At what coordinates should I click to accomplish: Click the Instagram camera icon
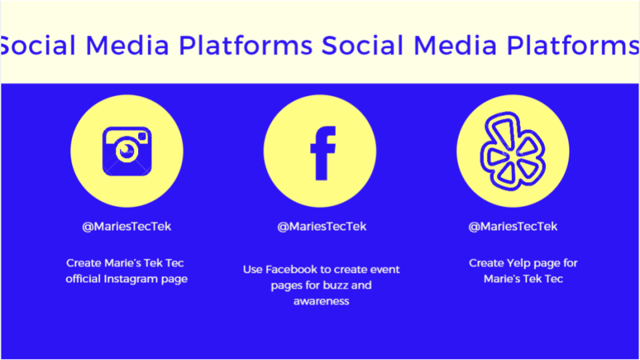(x=127, y=151)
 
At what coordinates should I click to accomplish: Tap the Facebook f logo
(x=323, y=153)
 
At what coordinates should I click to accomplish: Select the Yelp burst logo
(x=513, y=151)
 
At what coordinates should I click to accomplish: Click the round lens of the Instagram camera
(x=127, y=150)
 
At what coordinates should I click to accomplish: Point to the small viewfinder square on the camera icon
(x=142, y=136)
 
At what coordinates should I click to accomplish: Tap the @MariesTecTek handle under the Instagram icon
(x=127, y=227)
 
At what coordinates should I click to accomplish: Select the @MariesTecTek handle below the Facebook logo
(x=321, y=227)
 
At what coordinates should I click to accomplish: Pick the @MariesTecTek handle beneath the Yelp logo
(x=513, y=227)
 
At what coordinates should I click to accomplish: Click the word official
(x=83, y=279)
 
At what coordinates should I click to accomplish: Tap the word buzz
(x=335, y=285)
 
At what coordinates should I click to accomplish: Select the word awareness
(x=321, y=301)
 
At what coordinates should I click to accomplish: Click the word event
(x=386, y=270)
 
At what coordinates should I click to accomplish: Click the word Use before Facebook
(x=253, y=270)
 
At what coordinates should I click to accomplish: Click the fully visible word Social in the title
(x=363, y=45)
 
